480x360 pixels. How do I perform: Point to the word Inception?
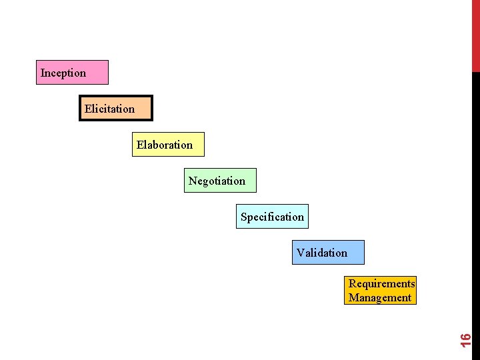pyautogui.click(x=63, y=73)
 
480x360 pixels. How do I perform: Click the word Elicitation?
pyautogui.click(x=109, y=109)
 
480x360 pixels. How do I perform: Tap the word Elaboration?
pyautogui.click(x=165, y=145)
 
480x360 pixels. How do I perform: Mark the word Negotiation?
pyautogui.click(x=217, y=181)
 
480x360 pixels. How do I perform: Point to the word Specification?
pyautogui.click(x=272, y=217)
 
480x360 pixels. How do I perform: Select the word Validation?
pyautogui.click(x=322, y=253)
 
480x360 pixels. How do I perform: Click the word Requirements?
pyautogui.click(x=381, y=283)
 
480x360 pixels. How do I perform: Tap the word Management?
pyautogui.click(x=380, y=297)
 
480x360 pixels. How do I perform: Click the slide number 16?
pyautogui.click(x=467, y=339)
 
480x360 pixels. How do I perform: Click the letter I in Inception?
pyautogui.click(x=43, y=73)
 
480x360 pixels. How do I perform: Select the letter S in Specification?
pyautogui.click(x=244, y=217)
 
